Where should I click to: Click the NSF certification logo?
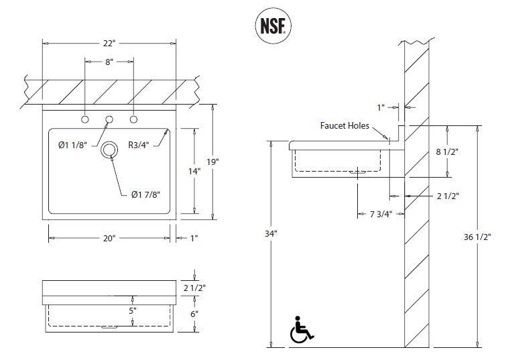(x=271, y=25)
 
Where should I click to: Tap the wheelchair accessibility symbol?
(x=301, y=329)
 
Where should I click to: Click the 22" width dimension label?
(x=109, y=44)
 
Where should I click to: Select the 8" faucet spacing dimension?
(x=109, y=61)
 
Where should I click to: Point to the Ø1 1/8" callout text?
(x=73, y=143)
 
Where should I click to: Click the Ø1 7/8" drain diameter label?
(x=145, y=194)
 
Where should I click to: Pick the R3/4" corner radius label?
(x=140, y=143)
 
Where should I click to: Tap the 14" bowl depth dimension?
(x=194, y=171)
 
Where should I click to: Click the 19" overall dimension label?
(x=212, y=162)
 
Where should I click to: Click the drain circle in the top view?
(x=108, y=151)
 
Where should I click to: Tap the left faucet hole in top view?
(x=85, y=119)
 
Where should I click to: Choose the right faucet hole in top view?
(x=133, y=119)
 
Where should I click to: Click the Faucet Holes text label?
(x=344, y=125)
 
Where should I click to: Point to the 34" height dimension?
(x=271, y=234)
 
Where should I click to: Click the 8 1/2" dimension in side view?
(x=447, y=152)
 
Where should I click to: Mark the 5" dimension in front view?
(x=133, y=310)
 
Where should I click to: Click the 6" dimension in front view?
(x=194, y=314)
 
